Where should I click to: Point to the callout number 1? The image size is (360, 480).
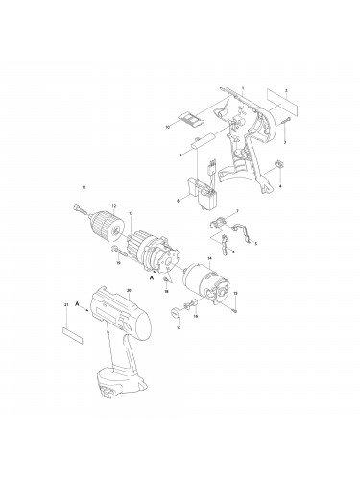tap(244, 88)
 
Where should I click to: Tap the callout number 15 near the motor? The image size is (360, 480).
tap(235, 293)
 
